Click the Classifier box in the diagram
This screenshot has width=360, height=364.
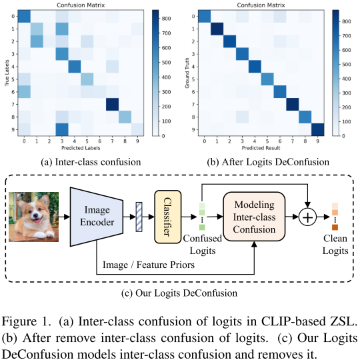point(167,217)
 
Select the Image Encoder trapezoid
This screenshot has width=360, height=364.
point(97,217)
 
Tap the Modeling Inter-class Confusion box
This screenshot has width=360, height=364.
point(254,217)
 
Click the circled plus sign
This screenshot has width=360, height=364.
point(307,217)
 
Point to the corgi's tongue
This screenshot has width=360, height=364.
point(37,221)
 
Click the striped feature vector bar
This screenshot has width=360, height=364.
point(139,217)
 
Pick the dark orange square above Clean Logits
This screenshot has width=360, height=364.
point(335,227)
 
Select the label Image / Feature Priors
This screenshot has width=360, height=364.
point(149,265)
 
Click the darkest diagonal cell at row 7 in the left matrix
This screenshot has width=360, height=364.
point(113,105)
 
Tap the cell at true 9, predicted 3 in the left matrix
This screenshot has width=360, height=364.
point(62,129)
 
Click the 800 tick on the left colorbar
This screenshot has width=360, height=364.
point(166,19)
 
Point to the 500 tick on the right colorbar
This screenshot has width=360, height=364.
point(346,64)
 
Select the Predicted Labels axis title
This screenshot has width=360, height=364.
point(81,148)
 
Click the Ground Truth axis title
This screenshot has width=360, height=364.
point(187,73)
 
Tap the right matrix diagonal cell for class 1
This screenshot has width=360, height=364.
point(217,29)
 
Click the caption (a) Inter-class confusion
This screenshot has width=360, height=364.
point(91,162)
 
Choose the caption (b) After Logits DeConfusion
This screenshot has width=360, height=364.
point(268,162)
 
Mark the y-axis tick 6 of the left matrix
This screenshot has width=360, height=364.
point(13,92)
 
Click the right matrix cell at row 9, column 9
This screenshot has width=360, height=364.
point(318,129)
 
